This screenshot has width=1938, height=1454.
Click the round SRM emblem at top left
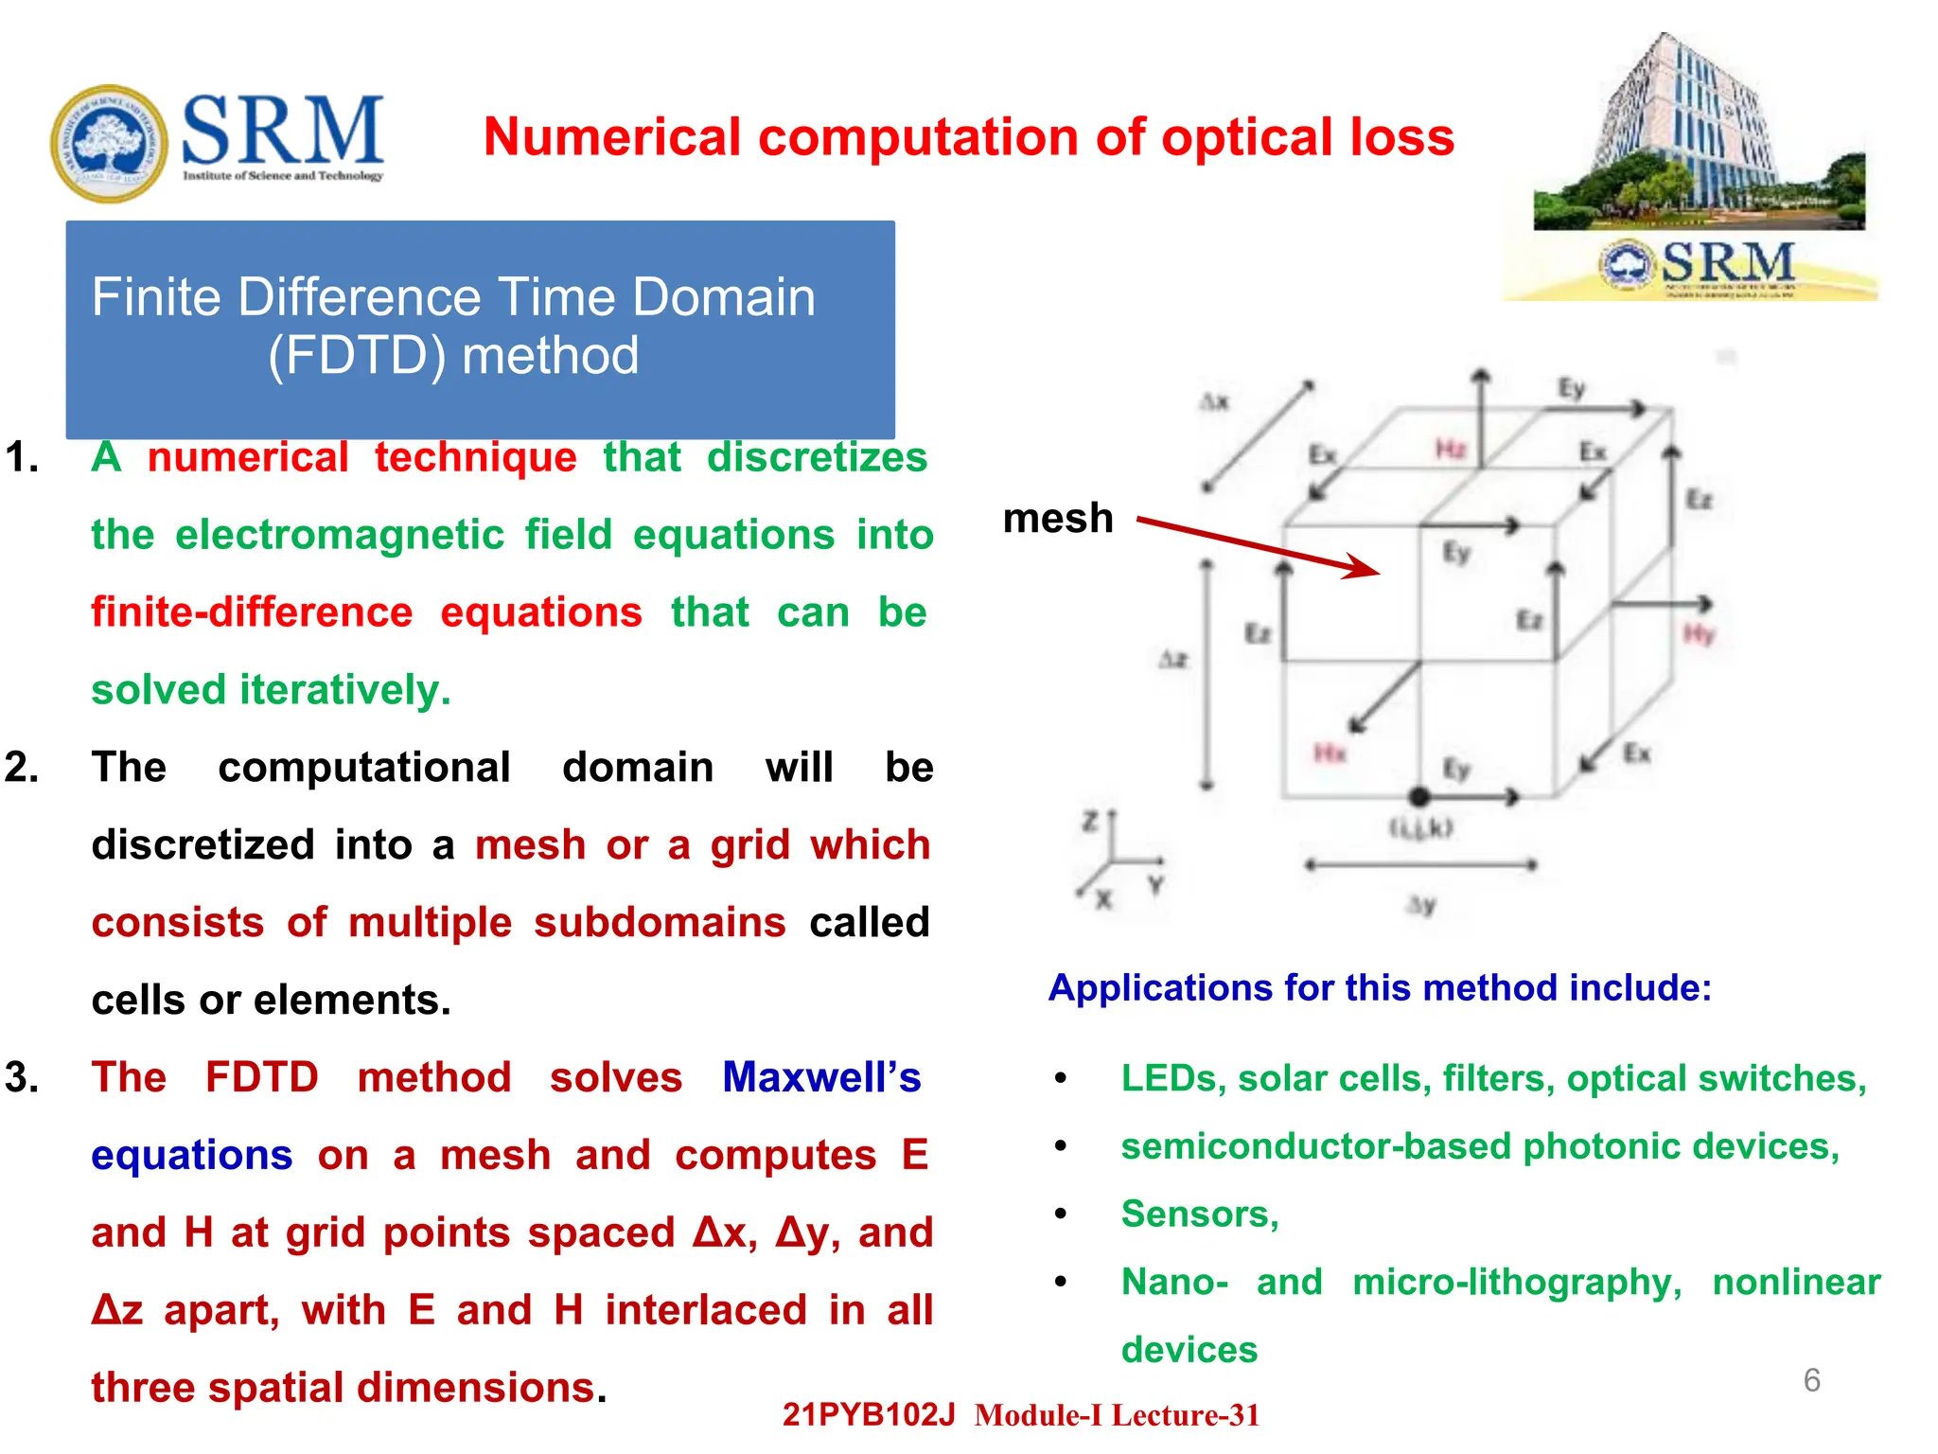[x=109, y=143]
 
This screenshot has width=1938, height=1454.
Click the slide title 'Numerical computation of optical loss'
[x=968, y=137]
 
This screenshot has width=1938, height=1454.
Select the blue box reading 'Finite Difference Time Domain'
[x=480, y=328]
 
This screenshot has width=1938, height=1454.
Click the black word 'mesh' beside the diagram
[x=1058, y=519]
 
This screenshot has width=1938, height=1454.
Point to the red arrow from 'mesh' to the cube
[x=1259, y=547]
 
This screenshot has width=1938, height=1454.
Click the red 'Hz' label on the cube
[x=1450, y=448]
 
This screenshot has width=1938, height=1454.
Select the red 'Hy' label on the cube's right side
[x=1699, y=633]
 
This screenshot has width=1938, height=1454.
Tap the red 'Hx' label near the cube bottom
[x=1330, y=753]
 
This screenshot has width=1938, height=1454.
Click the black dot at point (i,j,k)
[x=1418, y=796]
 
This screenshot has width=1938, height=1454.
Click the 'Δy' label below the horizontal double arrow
[x=1420, y=904]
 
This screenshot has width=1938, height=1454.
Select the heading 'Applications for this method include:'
[x=1380, y=987]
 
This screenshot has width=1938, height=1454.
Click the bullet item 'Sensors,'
[x=1199, y=1214]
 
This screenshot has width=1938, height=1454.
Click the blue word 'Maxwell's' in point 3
[x=820, y=1077]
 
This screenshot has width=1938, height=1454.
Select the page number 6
[x=1811, y=1380]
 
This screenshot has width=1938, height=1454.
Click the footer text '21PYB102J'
[x=868, y=1414]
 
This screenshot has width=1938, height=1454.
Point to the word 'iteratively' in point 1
[x=345, y=689]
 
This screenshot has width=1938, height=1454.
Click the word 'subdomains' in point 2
[x=659, y=922]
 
